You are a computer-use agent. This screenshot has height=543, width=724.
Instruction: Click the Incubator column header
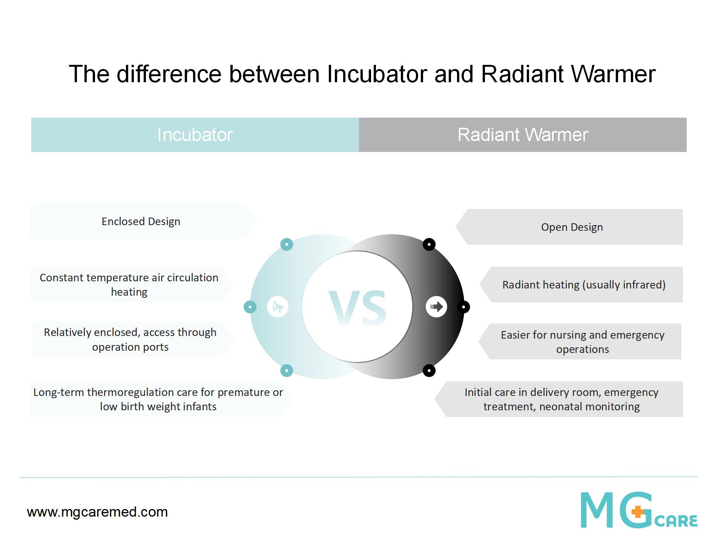[195, 135]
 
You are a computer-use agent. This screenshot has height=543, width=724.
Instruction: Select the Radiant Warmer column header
[523, 135]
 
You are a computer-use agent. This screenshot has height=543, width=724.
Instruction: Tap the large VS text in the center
[357, 308]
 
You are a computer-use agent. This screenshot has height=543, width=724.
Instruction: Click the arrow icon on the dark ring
[437, 307]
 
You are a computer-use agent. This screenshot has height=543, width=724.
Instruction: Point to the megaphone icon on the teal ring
[278, 307]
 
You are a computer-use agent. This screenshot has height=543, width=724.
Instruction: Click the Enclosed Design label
[141, 221]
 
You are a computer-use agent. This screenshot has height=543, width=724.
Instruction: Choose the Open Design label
[572, 227]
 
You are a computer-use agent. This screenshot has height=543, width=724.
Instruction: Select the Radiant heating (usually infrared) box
[581, 285]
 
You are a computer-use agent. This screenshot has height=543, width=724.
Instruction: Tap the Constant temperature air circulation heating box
[132, 285]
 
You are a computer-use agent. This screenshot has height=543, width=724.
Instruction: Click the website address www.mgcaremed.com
[97, 512]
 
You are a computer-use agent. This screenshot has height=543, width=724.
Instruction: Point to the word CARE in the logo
[676, 521]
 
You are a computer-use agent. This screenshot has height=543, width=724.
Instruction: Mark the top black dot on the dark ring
[429, 244]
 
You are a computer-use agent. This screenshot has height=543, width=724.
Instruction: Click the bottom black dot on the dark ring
[429, 370]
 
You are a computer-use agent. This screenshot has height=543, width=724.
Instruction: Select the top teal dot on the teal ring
[287, 244]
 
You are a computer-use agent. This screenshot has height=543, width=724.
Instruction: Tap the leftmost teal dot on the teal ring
[250, 307]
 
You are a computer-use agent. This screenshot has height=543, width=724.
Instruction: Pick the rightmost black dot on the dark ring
[463, 307]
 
